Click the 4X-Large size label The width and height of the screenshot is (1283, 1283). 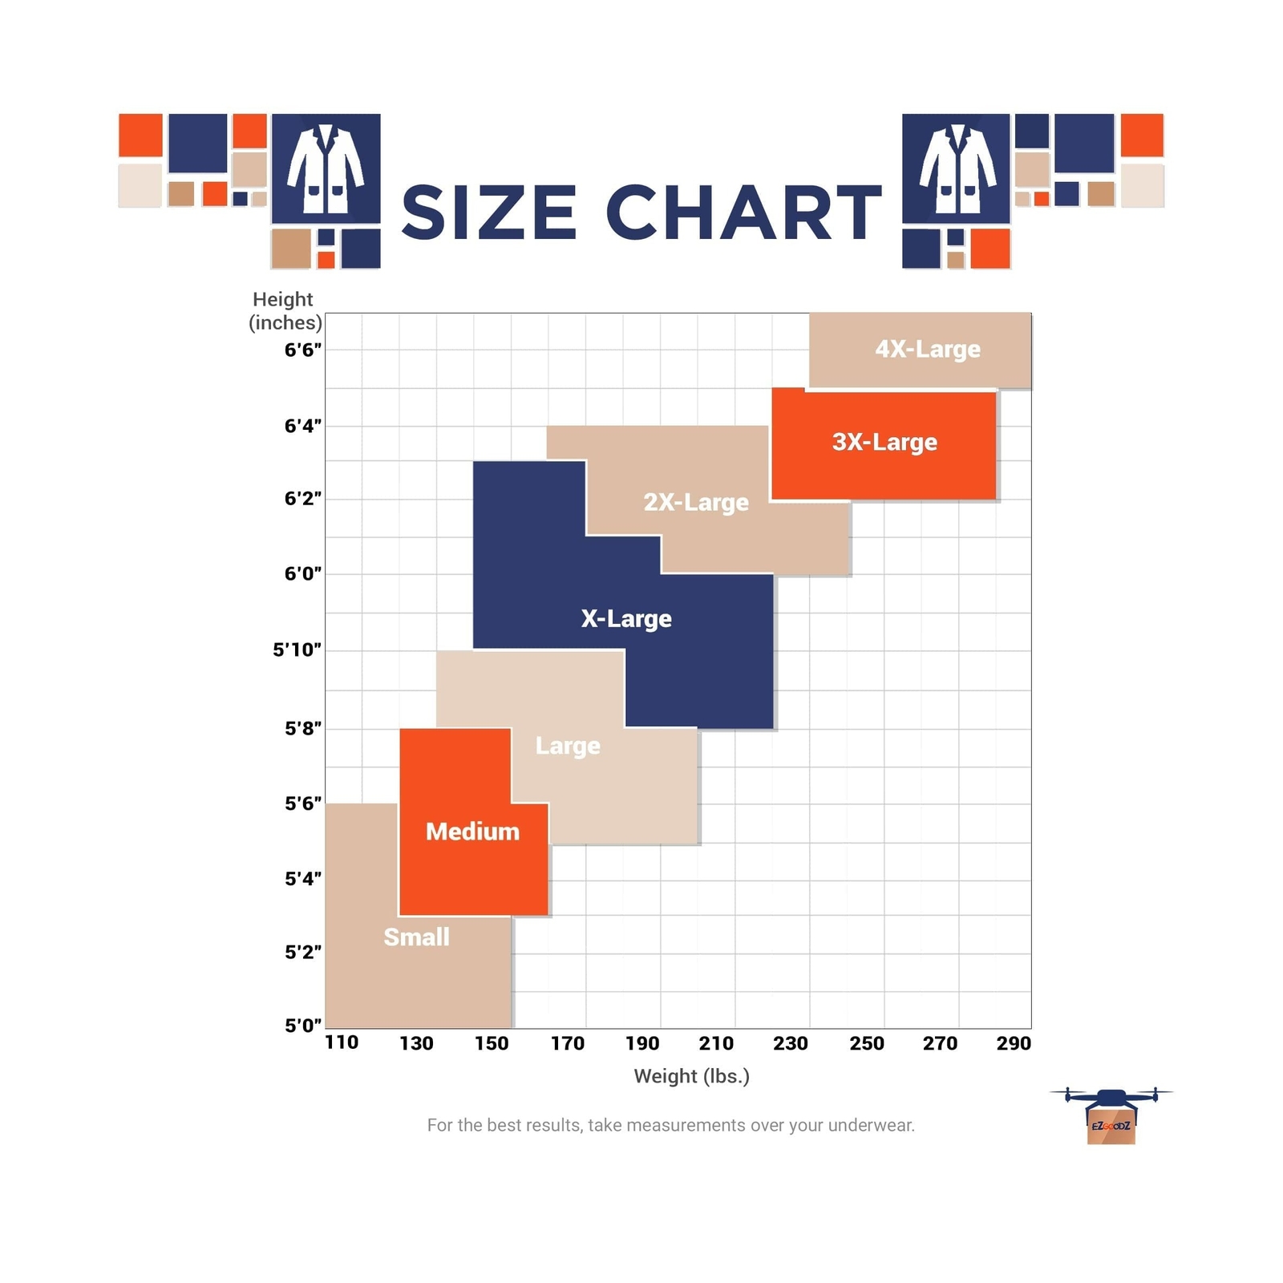[x=928, y=350]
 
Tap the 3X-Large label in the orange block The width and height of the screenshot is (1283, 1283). [x=884, y=442]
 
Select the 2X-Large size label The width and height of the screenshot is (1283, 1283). [x=696, y=502]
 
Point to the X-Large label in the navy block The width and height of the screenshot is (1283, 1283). [x=626, y=618]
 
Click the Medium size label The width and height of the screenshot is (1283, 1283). [x=472, y=832]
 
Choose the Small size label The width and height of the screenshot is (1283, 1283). [x=416, y=937]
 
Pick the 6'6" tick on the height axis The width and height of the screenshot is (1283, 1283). [x=303, y=350]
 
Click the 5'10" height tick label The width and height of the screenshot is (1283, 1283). [x=297, y=650]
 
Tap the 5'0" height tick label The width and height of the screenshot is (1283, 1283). [x=303, y=1025]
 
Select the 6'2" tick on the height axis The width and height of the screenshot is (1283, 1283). [x=303, y=498]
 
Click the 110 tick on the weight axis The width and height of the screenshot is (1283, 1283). [x=342, y=1042]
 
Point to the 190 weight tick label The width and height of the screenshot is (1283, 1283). [x=642, y=1043]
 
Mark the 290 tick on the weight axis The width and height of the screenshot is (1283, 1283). [x=1014, y=1043]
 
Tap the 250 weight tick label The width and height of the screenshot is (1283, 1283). [x=867, y=1043]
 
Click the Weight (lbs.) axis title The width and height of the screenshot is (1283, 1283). [x=691, y=1076]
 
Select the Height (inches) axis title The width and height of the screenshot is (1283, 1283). [x=285, y=310]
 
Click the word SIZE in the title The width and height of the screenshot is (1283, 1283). [x=489, y=212]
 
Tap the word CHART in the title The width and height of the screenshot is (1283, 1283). [x=744, y=212]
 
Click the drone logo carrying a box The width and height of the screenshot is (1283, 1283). [x=1111, y=1115]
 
